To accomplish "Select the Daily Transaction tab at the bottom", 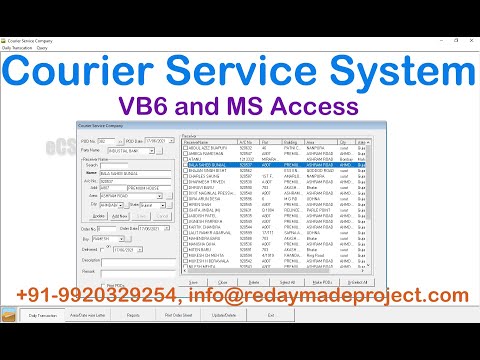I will coord(47,343).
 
